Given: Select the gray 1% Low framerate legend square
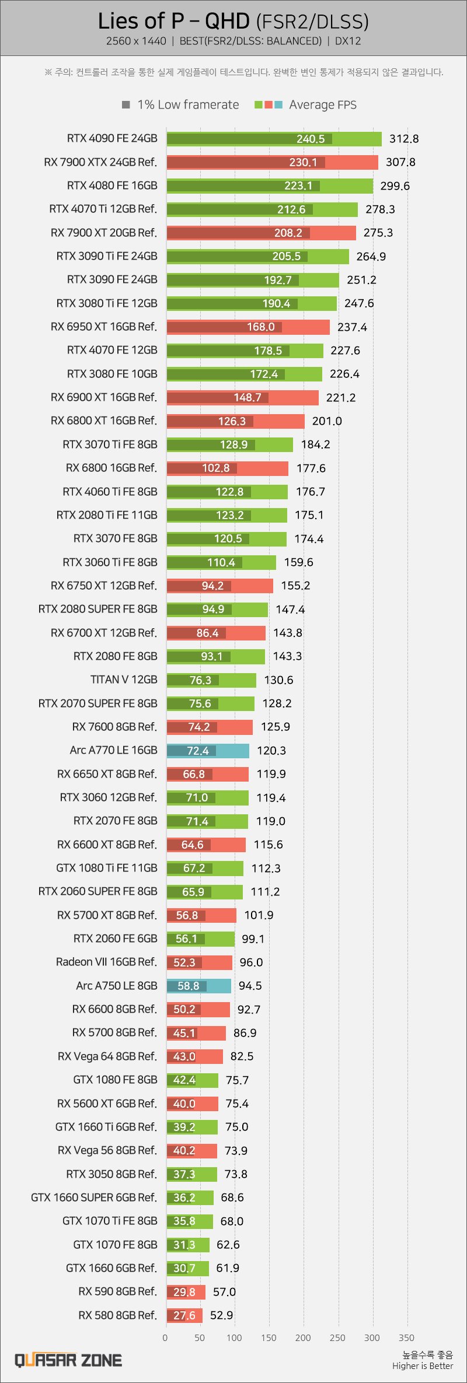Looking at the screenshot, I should [126, 105].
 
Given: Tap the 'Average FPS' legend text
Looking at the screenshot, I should [322, 105].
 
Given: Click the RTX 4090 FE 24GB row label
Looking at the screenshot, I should [112, 138].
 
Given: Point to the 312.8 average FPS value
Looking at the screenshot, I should [404, 139].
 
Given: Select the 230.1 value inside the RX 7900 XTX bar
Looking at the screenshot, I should [303, 162].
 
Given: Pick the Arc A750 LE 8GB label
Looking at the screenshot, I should [117, 986].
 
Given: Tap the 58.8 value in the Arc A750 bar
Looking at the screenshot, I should [188, 986].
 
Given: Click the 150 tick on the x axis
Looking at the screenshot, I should [269, 1338].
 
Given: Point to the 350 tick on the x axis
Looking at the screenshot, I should [406, 1338].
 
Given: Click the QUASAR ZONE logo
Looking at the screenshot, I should [68, 1361].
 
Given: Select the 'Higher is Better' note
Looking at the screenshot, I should [423, 1366].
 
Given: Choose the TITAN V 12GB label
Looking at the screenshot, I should [124, 680].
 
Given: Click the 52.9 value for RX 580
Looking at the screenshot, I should [221, 1315].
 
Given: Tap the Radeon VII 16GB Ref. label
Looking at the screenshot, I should [106, 962].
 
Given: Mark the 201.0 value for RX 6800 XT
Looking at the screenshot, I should [327, 421].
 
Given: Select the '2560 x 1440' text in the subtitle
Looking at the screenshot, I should [136, 41].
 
